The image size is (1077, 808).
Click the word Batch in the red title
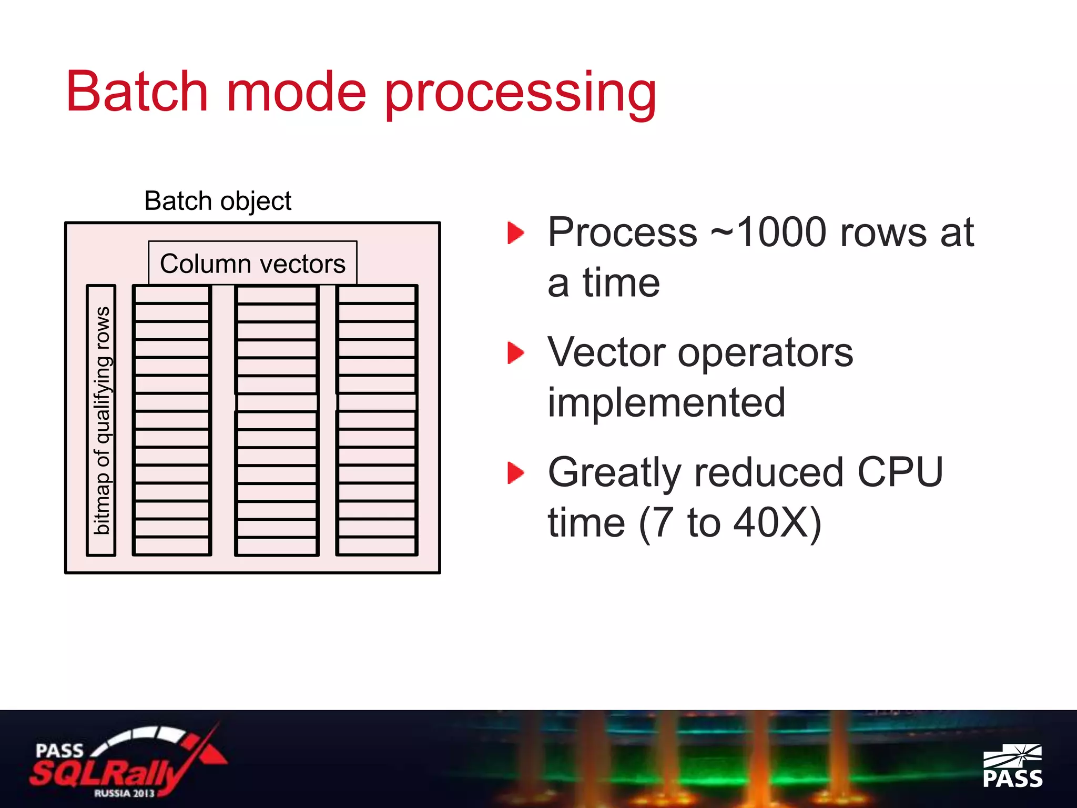(x=137, y=92)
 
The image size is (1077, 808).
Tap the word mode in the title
(x=296, y=92)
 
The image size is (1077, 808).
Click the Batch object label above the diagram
(x=217, y=201)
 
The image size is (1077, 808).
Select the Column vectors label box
(x=252, y=264)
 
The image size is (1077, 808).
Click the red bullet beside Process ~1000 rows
(x=515, y=233)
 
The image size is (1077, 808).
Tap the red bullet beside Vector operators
(x=515, y=352)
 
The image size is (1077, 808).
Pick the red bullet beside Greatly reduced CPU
(x=515, y=472)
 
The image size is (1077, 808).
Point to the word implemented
(x=666, y=403)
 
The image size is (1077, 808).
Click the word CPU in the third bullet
(x=900, y=472)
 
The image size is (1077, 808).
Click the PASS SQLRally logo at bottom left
(x=126, y=763)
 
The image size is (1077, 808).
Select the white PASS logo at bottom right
(x=1012, y=766)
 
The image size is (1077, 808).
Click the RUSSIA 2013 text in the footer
(x=125, y=793)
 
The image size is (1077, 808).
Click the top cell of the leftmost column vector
(x=172, y=295)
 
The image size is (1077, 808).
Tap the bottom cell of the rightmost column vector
(x=377, y=546)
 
